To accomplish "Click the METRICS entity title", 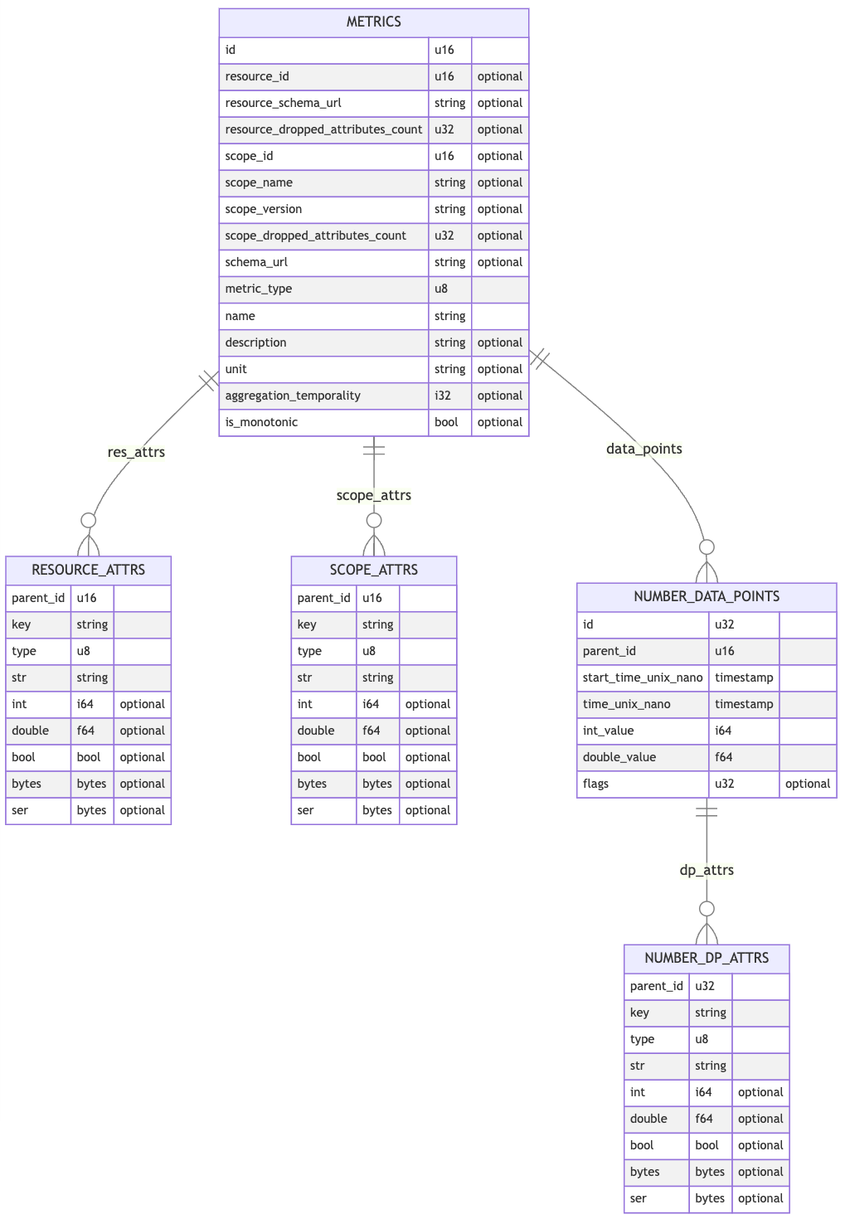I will coord(373,22).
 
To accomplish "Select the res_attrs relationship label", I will coord(136,452).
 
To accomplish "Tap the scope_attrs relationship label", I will coord(373,495).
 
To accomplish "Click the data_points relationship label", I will coord(644,449).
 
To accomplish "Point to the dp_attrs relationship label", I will coord(707,870).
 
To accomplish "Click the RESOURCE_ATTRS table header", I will coord(88,570).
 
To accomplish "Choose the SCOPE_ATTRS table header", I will coord(373,570).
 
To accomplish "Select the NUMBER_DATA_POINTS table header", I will coord(707,596).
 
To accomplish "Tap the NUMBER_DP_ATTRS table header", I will coord(707,958).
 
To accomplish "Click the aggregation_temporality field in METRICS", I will coord(293,396).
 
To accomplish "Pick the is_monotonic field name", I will coord(261,422).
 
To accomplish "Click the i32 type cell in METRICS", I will coord(443,396).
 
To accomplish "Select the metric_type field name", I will coord(259,289).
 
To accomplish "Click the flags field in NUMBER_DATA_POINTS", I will coord(596,784).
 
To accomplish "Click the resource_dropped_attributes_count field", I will coord(323,129).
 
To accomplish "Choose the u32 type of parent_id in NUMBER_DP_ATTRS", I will coord(705,986).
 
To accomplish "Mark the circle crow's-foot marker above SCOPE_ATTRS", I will coord(374,521).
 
